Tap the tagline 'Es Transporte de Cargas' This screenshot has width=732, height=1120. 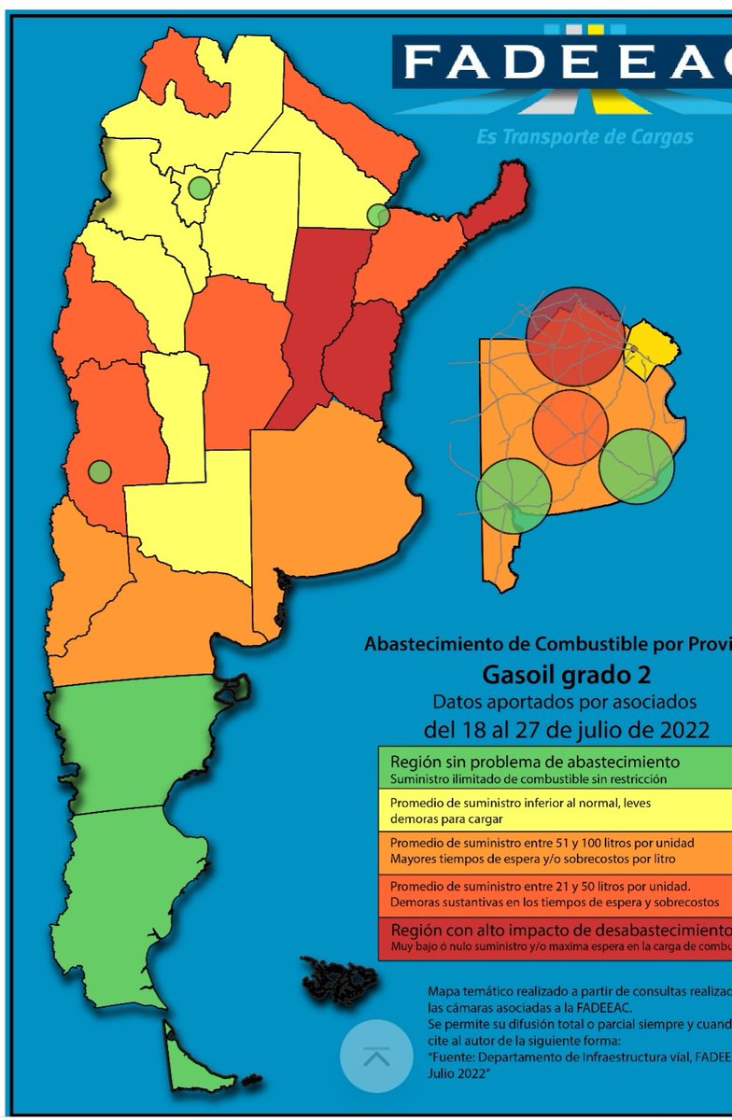[x=584, y=137]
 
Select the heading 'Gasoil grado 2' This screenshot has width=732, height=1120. [x=566, y=674]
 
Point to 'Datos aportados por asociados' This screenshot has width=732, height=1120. [x=565, y=701]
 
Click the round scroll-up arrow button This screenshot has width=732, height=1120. [x=376, y=1057]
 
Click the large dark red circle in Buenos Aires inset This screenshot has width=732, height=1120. [x=573, y=336]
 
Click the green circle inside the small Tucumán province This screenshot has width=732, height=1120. [x=199, y=188]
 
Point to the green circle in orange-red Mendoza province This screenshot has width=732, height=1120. [x=100, y=471]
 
